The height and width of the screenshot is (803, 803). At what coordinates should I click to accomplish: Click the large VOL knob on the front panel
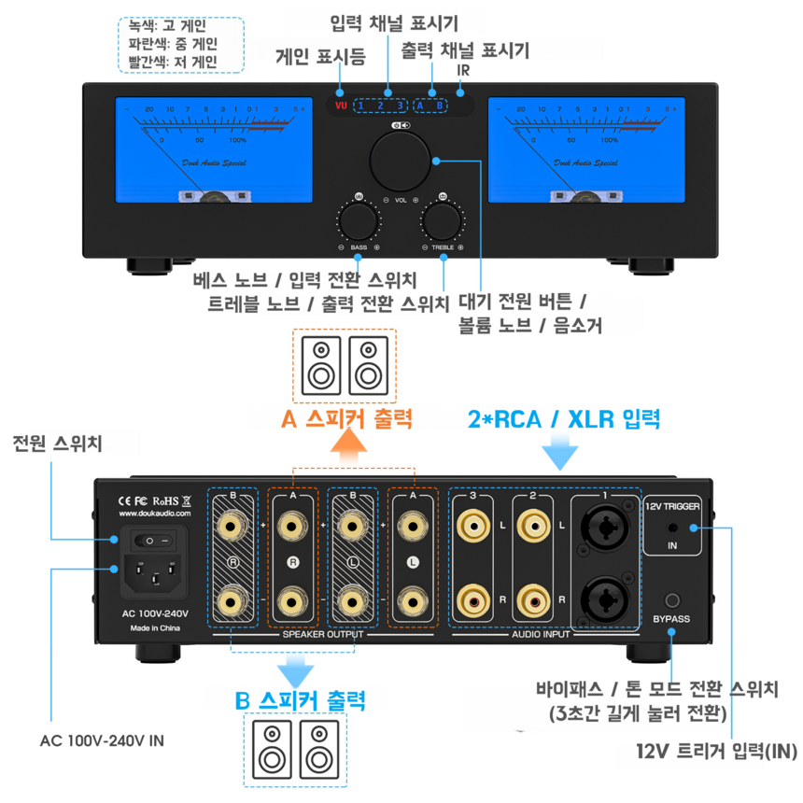point(401,161)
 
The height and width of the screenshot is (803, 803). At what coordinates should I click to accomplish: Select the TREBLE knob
point(442,222)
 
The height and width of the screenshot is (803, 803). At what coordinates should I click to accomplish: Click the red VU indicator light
point(341,105)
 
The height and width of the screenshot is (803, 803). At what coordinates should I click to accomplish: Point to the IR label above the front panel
point(462,71)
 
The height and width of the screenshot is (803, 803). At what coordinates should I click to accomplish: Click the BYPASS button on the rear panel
point(671,602)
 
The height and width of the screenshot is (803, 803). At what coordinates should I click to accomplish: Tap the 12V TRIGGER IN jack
point(672,529)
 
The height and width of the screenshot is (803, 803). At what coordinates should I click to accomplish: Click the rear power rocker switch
point(153,540)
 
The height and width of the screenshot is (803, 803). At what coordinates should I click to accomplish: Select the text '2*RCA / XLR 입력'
point(563,418)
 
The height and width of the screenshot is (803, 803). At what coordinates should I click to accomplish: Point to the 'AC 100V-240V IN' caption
point(103,741)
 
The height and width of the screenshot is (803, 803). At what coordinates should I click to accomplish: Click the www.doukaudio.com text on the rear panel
point(156,514)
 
